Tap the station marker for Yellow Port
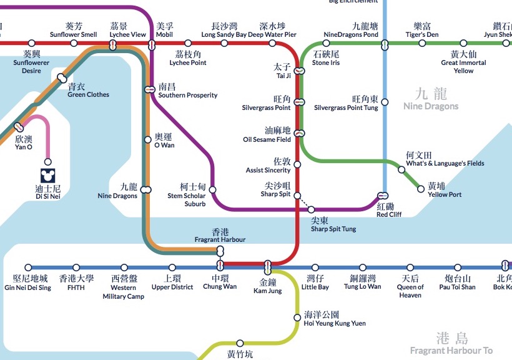coord(421,189)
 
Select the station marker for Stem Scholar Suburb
coord(213,189)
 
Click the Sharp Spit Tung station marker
coord(311,209)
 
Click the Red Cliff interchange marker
coord(383,196)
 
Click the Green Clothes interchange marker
coord(61,78)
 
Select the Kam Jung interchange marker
coord(268,267)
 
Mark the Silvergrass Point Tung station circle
coord(385,102)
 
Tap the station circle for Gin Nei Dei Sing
coord(28,267)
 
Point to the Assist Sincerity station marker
coord(297,164)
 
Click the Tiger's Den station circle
coord(422,44)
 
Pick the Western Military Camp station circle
coord(124,267)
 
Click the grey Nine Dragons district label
coord(431,100)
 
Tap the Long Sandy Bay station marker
coord(224,44)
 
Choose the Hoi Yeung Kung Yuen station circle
coord(297,317)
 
